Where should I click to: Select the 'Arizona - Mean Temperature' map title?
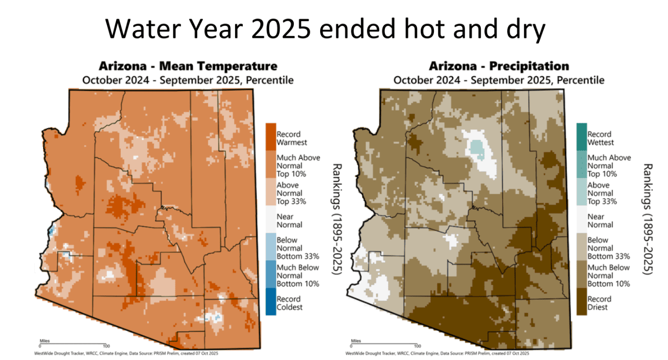188,66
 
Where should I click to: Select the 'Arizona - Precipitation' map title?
499,66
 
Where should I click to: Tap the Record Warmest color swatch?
271,139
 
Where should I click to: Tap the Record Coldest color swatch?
271,302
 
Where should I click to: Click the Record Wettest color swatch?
581,139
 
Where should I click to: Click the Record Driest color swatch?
581,302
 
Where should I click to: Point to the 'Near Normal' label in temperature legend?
289,220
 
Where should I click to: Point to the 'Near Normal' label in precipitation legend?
600,220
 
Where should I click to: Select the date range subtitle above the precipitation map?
499,80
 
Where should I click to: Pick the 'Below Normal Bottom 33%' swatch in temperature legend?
271,248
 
